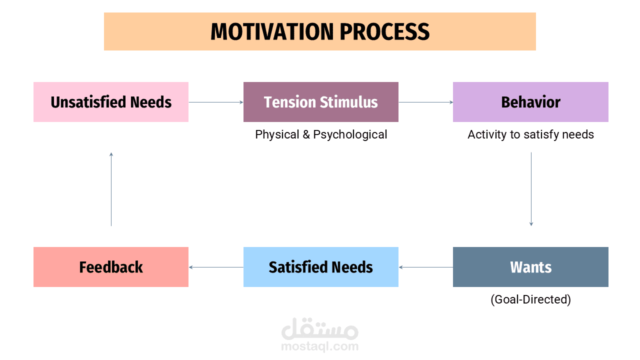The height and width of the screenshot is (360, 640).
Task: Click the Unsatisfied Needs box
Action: coord(111,102)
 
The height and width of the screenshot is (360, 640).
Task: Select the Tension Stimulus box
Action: coord(321,102)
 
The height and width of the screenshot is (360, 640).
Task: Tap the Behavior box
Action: coord(530,102)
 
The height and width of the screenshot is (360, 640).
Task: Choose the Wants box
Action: coord(530,267)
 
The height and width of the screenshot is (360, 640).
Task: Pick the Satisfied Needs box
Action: coord(321,267)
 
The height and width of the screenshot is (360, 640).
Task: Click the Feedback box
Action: coord(111,267)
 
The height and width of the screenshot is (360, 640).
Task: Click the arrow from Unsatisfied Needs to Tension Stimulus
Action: coord(216,102)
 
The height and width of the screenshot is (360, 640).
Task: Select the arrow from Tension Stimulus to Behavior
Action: coord(425,102)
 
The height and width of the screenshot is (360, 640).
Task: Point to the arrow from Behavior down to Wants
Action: coord(531,189)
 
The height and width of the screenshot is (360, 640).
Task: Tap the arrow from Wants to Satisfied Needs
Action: coord(425,267)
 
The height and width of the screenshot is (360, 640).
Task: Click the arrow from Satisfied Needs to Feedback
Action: coord(216,267)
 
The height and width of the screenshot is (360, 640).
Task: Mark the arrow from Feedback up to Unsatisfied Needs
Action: coord(111,189)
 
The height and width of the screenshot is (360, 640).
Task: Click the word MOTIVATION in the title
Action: coord(272,31)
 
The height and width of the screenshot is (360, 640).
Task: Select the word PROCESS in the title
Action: coord(385,31)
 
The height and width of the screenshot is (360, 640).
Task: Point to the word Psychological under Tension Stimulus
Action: coord(350,134)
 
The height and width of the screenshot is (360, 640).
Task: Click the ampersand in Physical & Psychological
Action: coord(306,134)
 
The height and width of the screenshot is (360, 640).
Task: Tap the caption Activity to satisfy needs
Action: coord(530,134)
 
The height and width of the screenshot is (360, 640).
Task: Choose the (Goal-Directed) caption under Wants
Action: coord(530,299)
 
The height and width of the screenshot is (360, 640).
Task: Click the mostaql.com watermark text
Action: coord(319,346)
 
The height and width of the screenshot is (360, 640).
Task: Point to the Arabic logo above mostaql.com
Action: coord(319,328)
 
